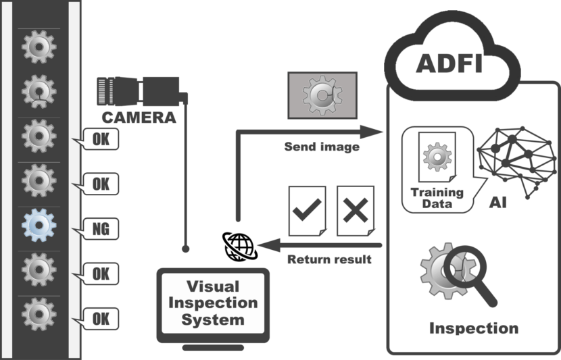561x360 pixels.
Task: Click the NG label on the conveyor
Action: click(99, 228)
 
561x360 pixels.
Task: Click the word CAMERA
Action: click(139, 118)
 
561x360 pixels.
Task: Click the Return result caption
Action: click(328, 259)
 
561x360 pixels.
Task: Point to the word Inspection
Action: click(474, 328)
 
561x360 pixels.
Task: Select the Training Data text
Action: click(437, 197)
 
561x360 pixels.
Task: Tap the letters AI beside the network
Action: click(502, 203)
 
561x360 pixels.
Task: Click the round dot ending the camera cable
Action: click(186, 249)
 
